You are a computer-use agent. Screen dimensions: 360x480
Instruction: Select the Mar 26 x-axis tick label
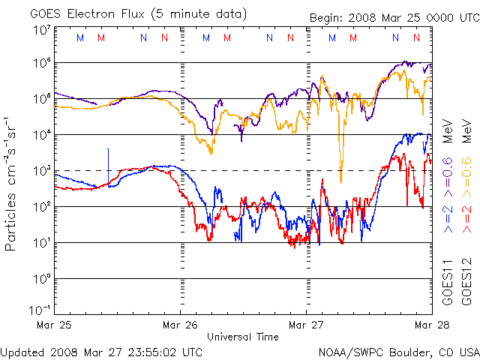pyautogui.click(x=181, y=325)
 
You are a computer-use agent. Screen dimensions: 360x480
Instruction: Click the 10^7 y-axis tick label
pyautogui.click(x=41, y=30)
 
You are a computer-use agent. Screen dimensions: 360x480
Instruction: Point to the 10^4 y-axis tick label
pyautogui.click(x=41, y=135)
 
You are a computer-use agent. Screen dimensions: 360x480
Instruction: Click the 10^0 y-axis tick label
pyautogui.click(x=41, y=279)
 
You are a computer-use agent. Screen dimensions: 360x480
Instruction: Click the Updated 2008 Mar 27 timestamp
pyautogui.click(x=101, y=352)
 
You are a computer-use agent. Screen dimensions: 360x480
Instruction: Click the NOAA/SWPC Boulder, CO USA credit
pyautogui.click(x=398, y=352)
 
